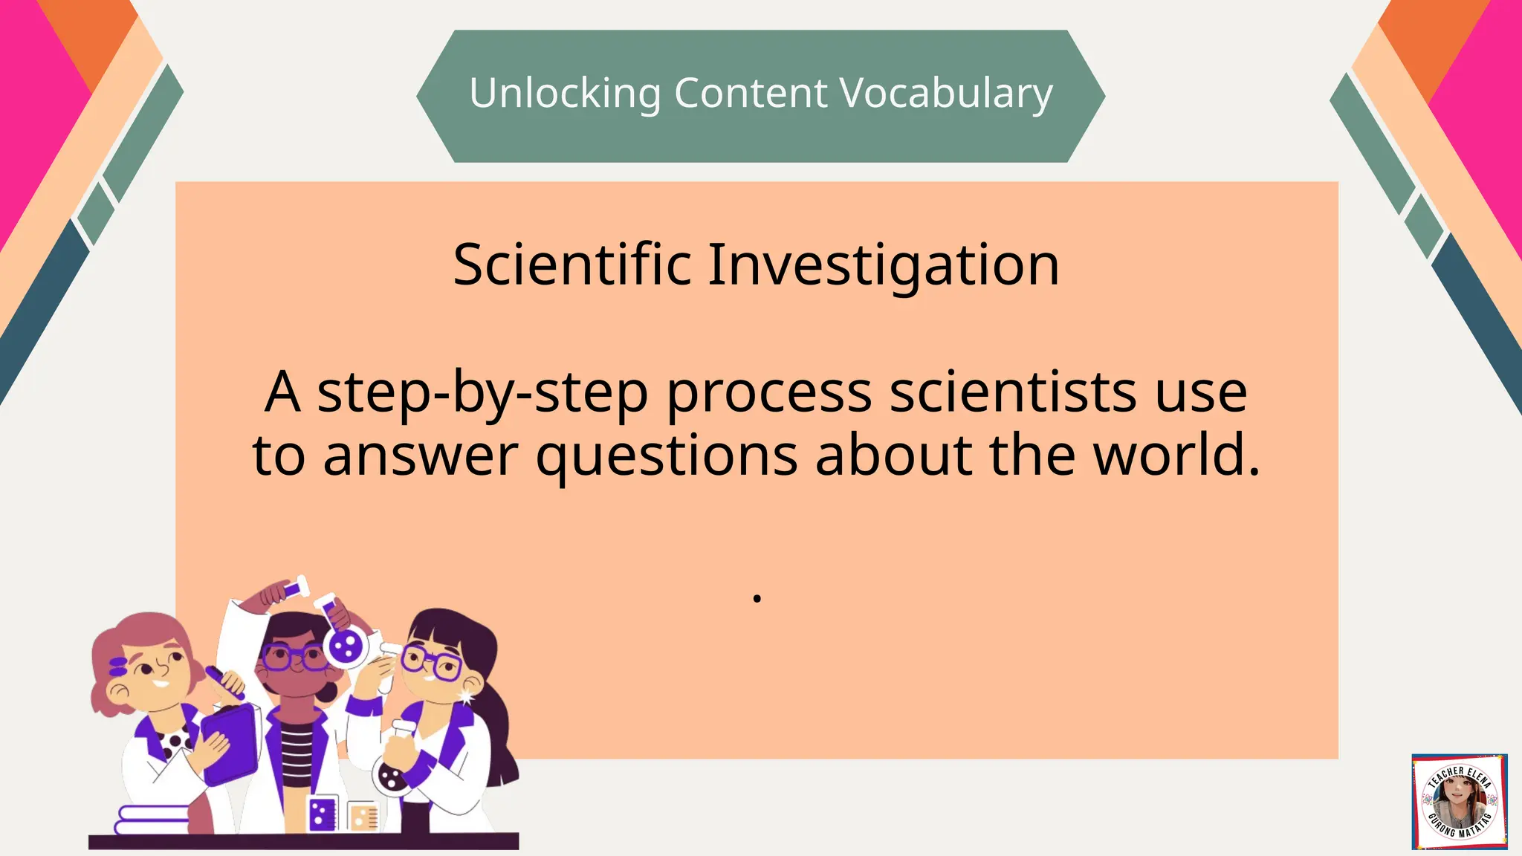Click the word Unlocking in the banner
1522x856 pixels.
tap(565, 94)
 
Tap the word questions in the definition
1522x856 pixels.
tap(667, 455)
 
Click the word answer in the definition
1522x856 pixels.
tap(420, 455)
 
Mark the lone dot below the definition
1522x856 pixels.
tap(757, 597)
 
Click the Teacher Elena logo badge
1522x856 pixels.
tap(1459, 801)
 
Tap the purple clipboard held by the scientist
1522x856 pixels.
tap(230, 743)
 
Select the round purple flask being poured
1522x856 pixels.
tap(345, 646)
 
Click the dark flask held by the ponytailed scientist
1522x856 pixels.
tap(391, 773)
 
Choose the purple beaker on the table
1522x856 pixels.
tap(322, 814)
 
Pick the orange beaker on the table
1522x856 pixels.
tap(363, 817)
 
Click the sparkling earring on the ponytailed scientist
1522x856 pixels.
tap(466, 697)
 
